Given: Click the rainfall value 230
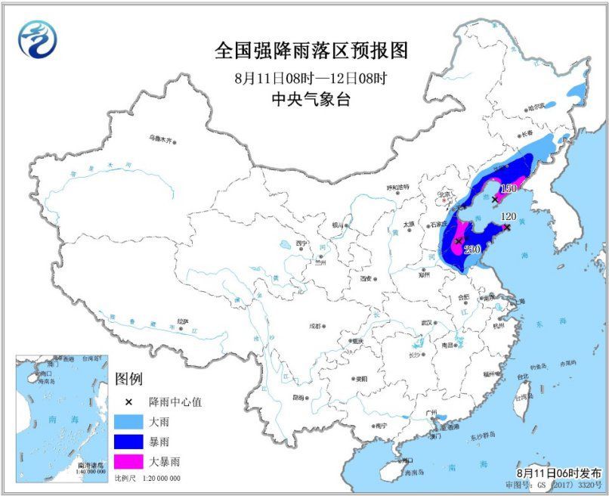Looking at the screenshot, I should pos(473,250).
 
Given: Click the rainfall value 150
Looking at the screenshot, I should pos(508,188).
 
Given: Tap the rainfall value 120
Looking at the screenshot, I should pos(509,216).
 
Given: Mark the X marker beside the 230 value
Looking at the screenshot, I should pos(459,241).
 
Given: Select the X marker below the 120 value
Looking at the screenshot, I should pos(507,227).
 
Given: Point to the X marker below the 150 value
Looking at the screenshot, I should pos(495,200).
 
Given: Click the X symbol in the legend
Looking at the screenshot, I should pos(129,401).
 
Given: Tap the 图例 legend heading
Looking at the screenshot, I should pos(128,379).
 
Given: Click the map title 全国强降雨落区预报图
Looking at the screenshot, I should pos(311,51).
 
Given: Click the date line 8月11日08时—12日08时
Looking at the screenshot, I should pos(311,77).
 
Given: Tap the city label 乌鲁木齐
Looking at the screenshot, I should pos(160,139).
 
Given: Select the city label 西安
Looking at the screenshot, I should pos(366,278).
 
